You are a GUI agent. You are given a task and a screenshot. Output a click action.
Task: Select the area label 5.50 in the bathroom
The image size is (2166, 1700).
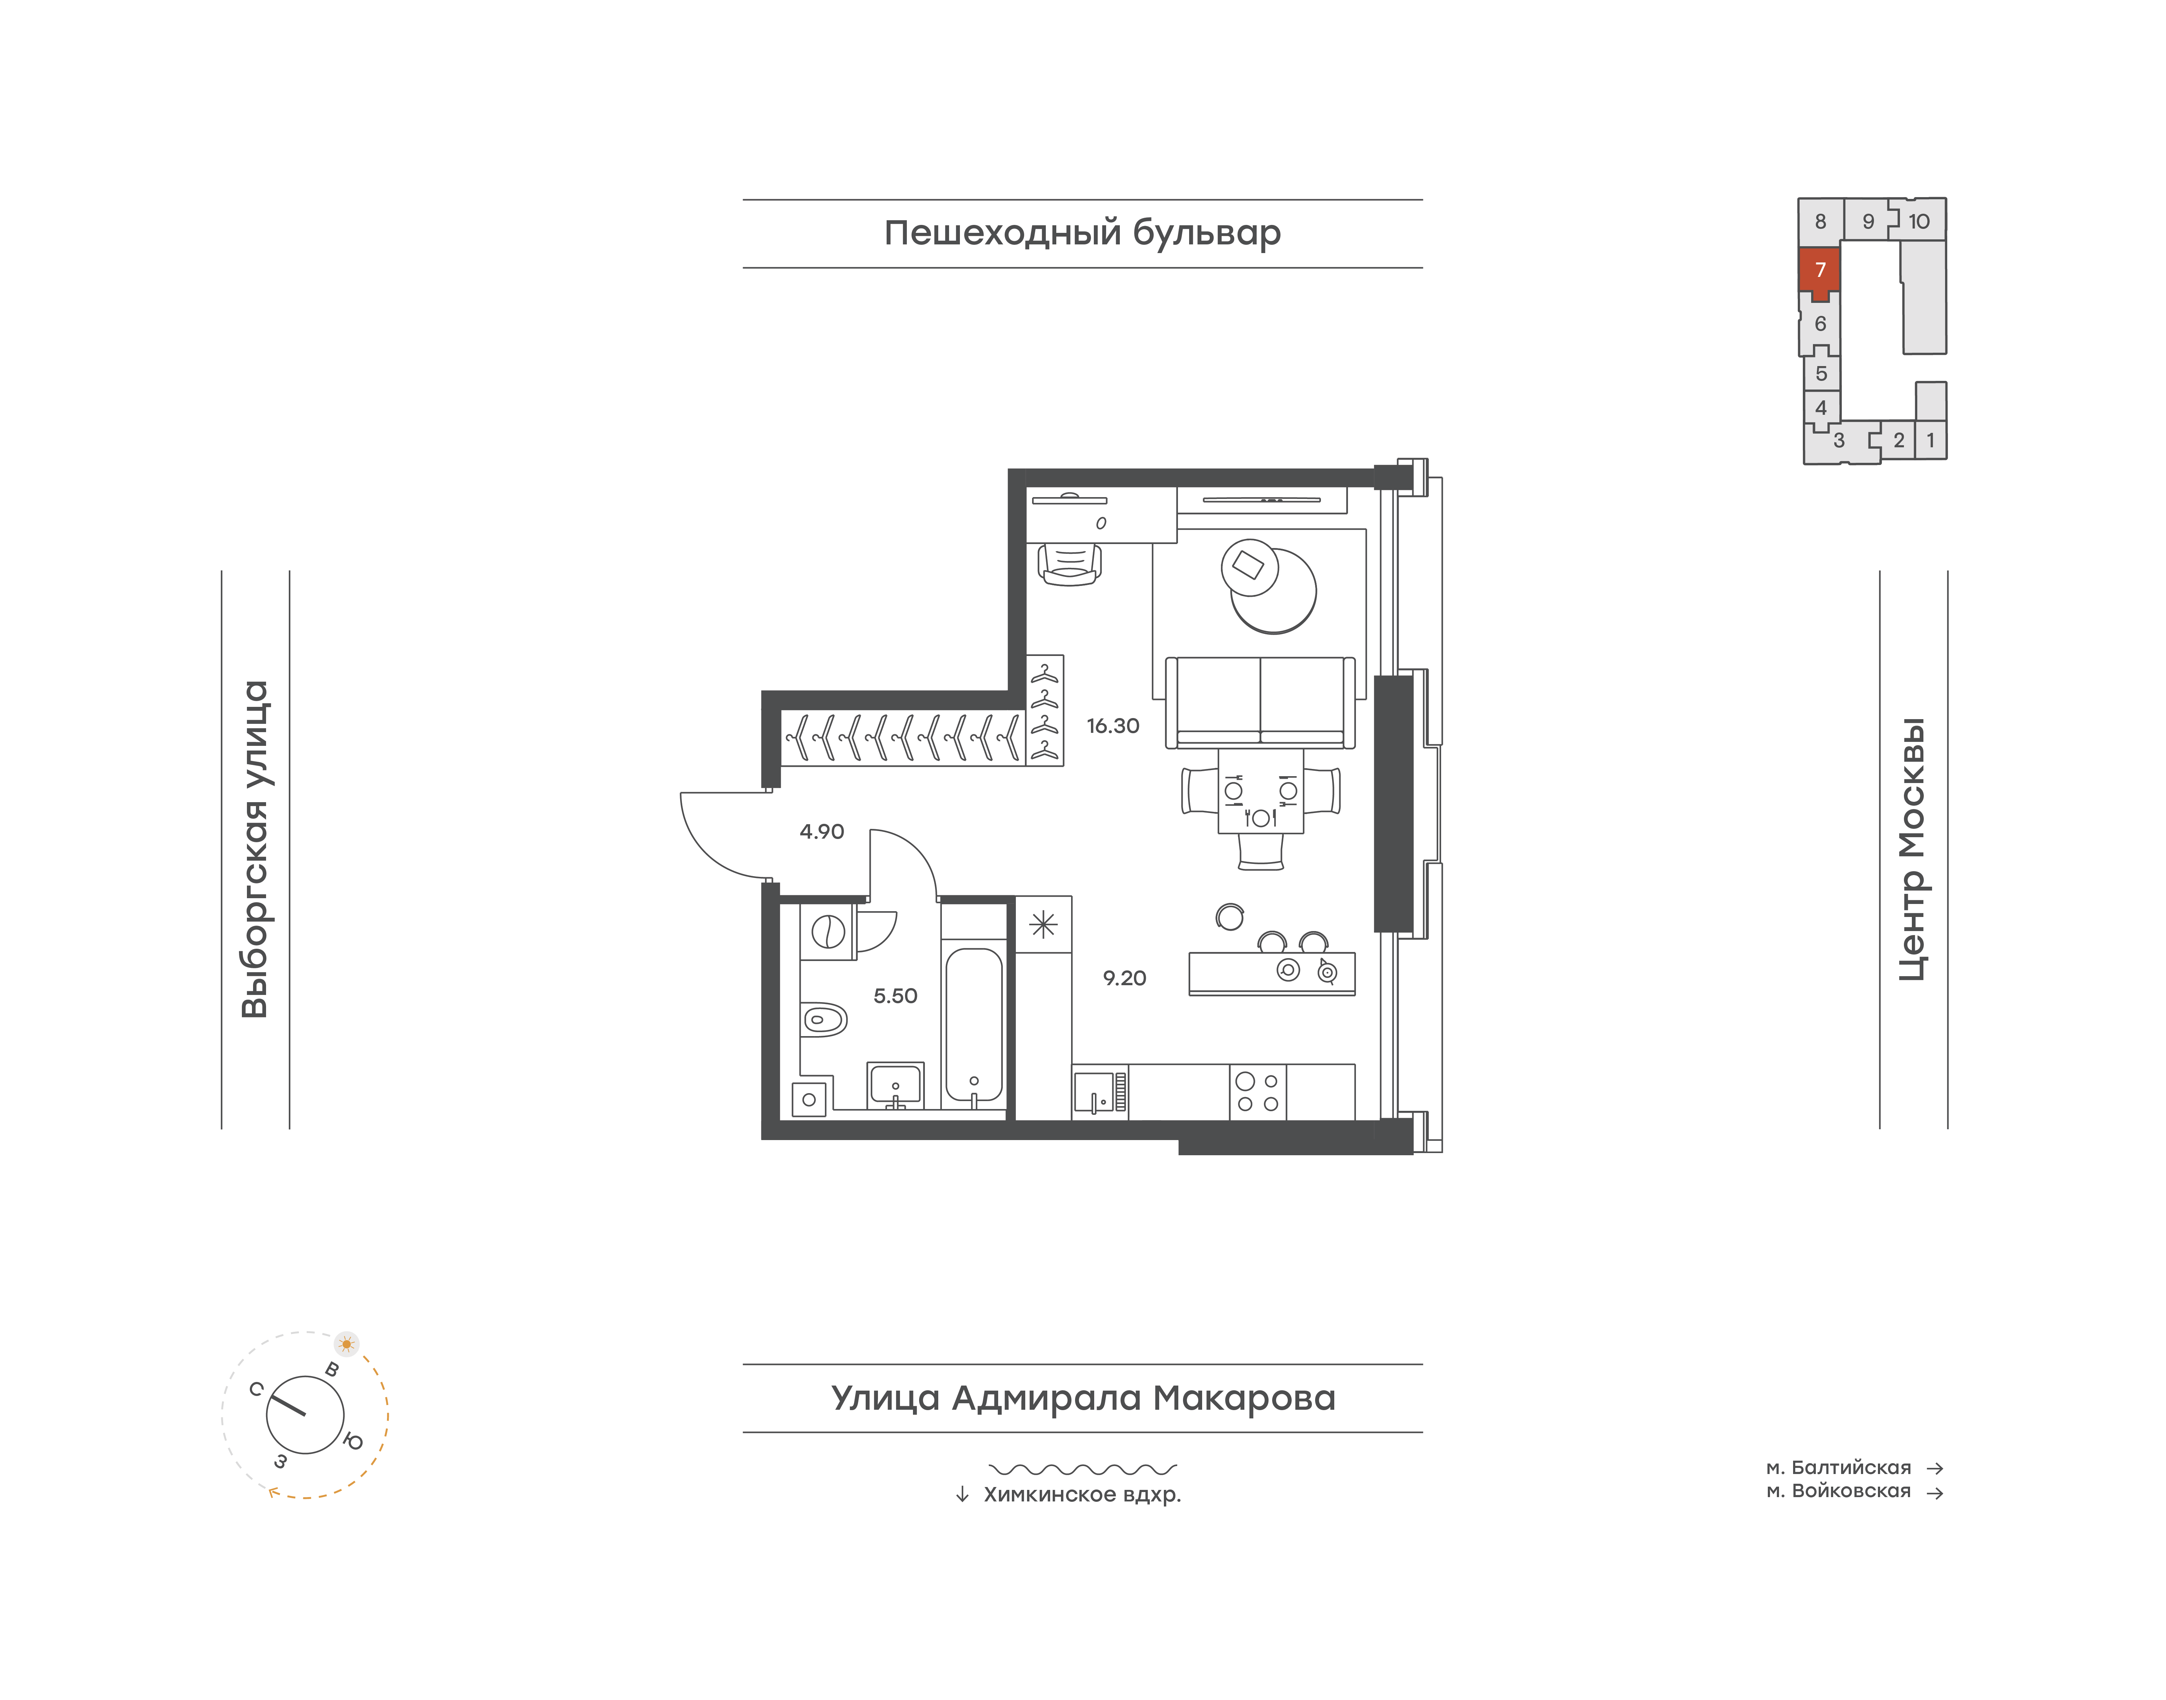(x=895, y=996)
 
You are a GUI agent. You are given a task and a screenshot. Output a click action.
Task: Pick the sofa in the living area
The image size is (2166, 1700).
(x=1260, y=702)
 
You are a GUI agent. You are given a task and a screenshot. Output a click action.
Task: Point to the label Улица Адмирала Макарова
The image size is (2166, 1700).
(x=1083, y=1397)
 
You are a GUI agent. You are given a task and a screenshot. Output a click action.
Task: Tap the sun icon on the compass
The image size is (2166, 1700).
(x=347, y=1344)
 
